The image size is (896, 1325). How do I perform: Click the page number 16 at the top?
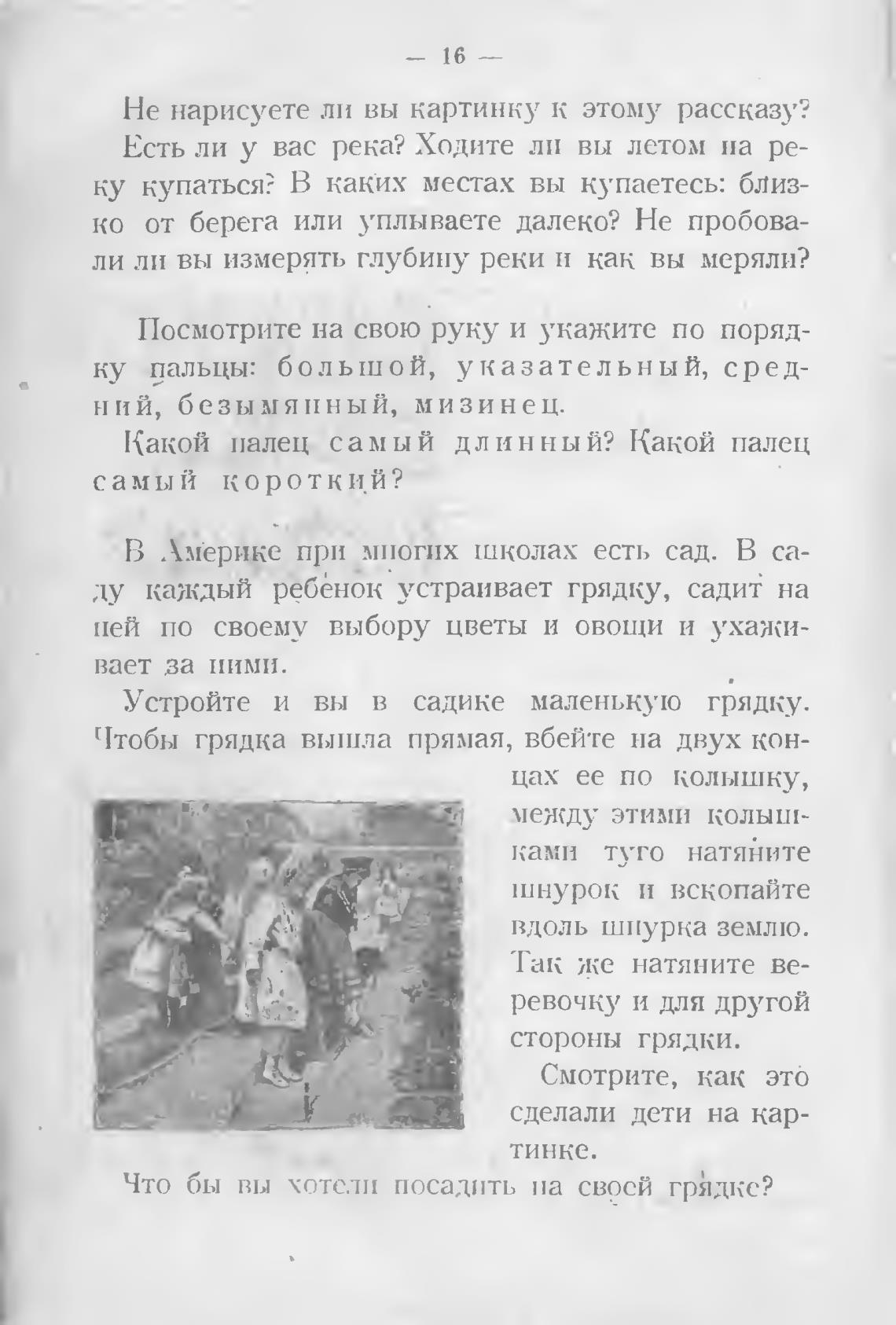click(x=454, y=57)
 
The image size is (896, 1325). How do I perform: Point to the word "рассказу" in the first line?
click(x=744, y=110)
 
